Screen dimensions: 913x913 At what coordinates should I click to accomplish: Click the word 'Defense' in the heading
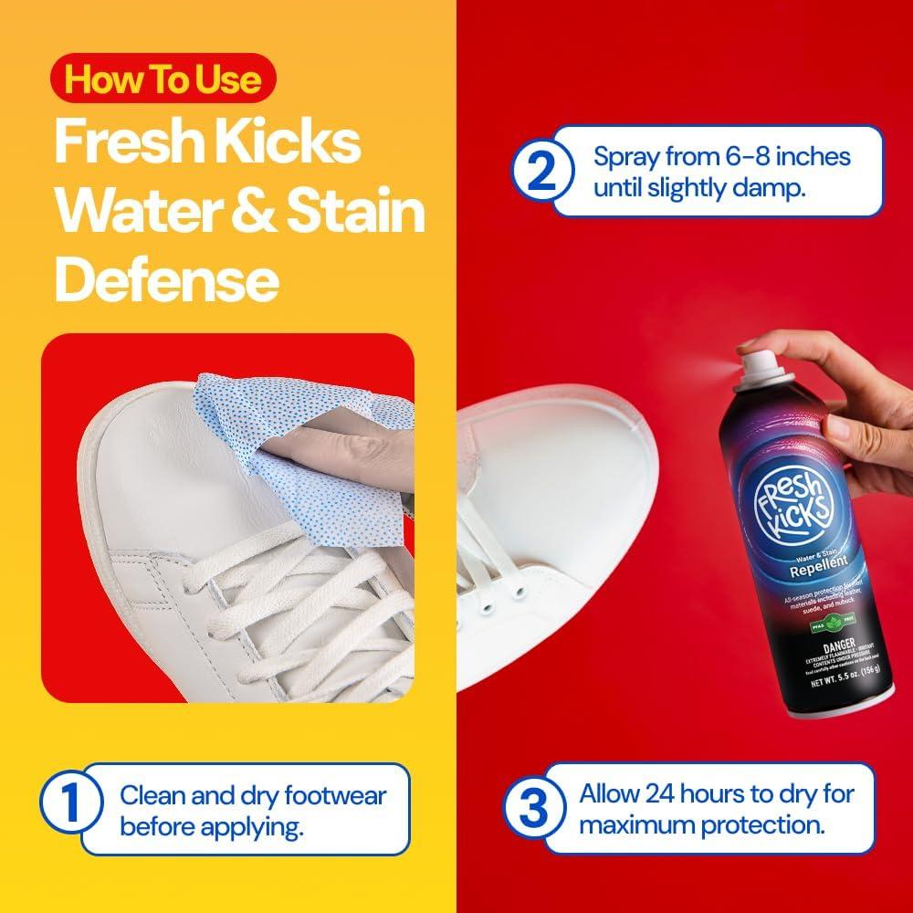tap(166, 279)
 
